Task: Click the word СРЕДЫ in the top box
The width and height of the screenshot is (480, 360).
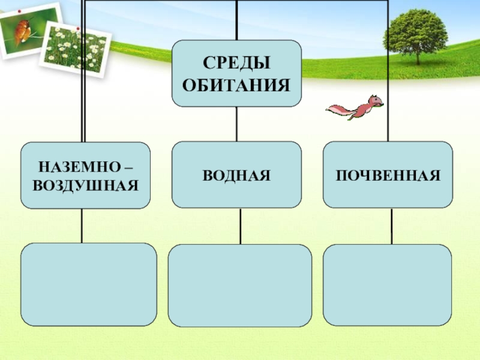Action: tap(236, 62)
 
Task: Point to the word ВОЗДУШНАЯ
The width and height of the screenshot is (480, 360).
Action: tap(86, 185)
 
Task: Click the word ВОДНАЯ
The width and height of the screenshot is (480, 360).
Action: tap(236, 176)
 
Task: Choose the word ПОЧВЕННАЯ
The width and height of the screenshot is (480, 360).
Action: tap(388, 176)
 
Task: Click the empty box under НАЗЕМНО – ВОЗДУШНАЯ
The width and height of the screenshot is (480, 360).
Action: tap(89, 284)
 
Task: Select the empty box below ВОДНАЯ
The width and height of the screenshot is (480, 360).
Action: tap(239, 285)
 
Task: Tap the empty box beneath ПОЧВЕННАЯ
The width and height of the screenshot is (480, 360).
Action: tap(387, 284)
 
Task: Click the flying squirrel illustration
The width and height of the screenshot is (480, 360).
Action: tap(355, 109)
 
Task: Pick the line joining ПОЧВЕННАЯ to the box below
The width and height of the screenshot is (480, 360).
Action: tap(391, 226)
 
